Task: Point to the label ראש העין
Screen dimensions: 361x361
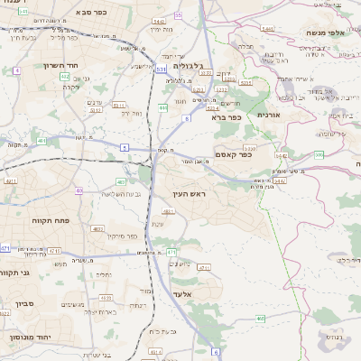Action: [192, 195]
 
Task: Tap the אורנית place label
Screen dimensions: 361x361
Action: [270, 115]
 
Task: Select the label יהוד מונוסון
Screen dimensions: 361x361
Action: [28, 337]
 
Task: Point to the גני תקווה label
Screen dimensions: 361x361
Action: [17, 272]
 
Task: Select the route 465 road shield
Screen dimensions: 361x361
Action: [261, 319]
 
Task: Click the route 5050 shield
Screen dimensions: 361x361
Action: [249, 146]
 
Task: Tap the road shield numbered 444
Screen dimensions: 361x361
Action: [162, 107]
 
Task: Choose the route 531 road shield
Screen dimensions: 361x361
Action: [161, 68]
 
